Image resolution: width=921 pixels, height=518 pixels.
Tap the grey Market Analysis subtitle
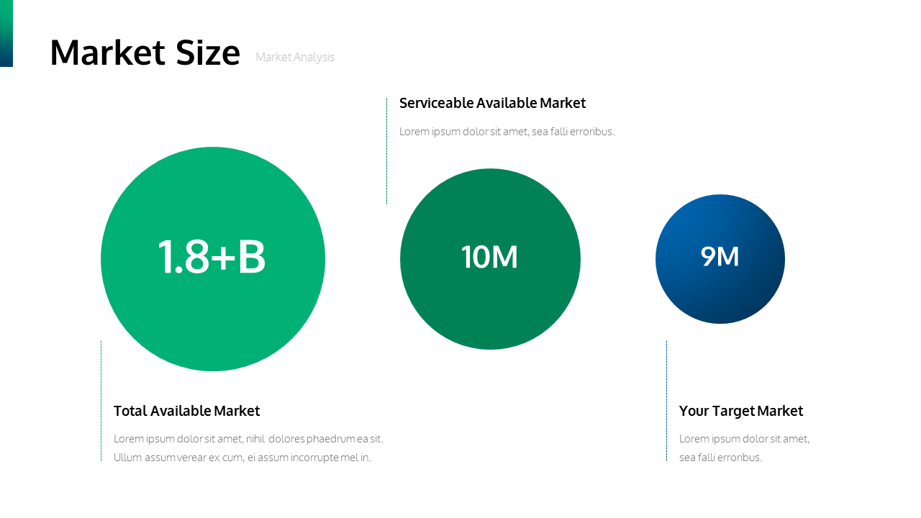coord(295,58)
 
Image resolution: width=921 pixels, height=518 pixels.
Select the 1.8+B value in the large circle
coord(212,258)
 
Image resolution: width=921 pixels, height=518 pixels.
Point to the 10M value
coord(489,258)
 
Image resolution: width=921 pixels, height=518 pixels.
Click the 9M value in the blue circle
coord(720,257)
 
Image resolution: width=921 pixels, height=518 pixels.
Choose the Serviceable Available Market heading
coord(492,103)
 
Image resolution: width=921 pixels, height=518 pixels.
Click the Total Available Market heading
coord(186,411)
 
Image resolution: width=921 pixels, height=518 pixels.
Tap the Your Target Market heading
coord(740,411)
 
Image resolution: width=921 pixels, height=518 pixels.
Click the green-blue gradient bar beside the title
coord(6,33)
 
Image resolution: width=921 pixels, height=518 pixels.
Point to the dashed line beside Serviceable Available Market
coord(386,151)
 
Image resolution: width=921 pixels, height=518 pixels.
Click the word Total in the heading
coord(130,411)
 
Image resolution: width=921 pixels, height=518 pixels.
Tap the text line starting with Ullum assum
coord(242,458)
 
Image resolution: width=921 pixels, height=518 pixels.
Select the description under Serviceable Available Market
coord(507,132)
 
